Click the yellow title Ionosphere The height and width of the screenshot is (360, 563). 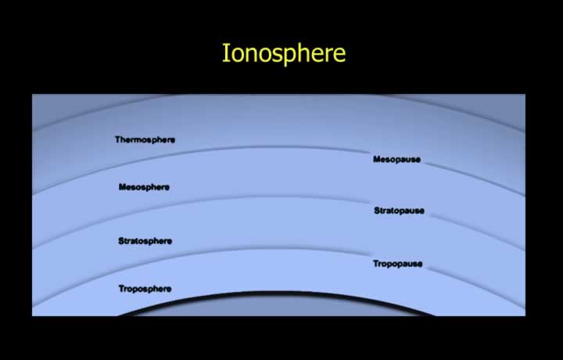284,54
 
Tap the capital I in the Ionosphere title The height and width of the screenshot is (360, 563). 225,52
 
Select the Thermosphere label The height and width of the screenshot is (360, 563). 145,140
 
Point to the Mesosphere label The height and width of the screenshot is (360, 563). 144,187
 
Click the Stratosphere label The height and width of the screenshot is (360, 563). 145,241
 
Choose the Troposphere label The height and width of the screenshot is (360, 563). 145,289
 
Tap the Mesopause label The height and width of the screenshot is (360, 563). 396,159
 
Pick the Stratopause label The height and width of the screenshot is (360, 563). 400,211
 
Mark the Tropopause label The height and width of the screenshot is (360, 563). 398,264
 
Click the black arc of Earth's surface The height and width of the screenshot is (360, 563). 277,293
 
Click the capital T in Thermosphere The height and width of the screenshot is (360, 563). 118,139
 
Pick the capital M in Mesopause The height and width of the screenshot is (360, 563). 377,159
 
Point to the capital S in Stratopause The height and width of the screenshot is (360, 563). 377,211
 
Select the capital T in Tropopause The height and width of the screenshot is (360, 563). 376,264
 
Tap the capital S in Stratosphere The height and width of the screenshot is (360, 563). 121,241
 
